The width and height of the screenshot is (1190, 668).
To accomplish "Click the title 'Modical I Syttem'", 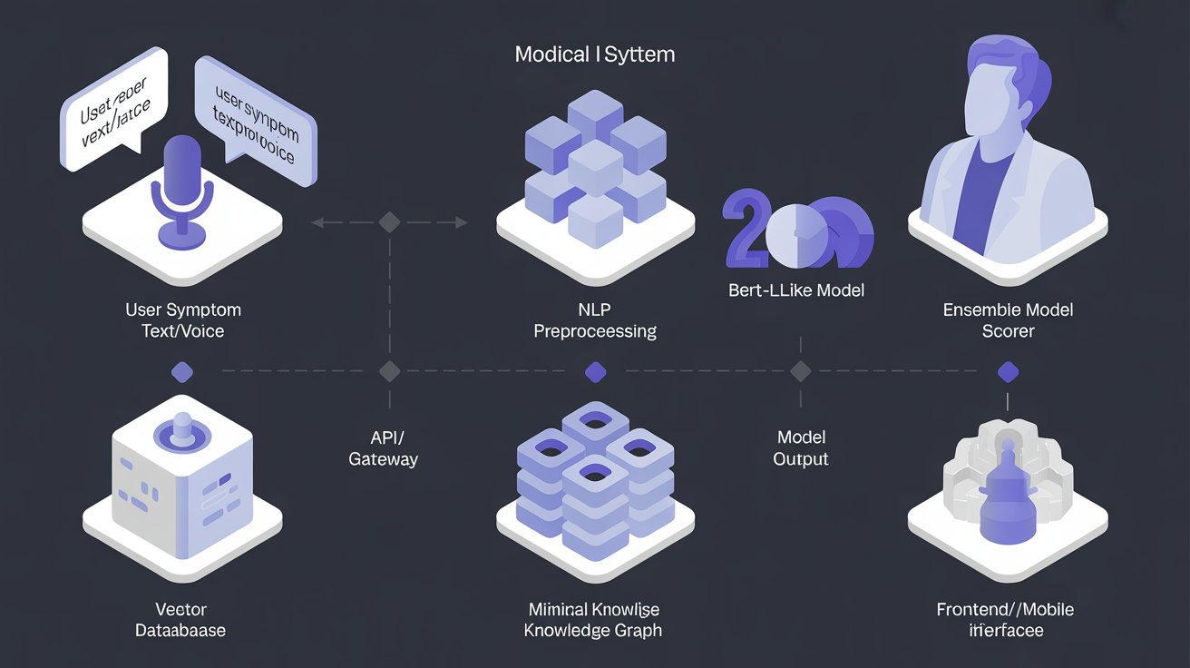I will [594, 54].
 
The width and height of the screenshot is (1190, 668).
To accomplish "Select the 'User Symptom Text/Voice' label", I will [182, 320].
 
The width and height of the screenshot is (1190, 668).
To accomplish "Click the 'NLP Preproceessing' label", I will [594, 320].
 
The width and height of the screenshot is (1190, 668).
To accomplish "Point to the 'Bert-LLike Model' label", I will [796, 291].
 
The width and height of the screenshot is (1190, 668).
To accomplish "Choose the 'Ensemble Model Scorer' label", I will [1008, 320].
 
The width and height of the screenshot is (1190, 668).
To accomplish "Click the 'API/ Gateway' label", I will [384, 448].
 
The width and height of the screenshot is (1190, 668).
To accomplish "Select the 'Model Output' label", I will [800, 448].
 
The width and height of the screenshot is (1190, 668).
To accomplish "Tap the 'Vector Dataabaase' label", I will [181, 619].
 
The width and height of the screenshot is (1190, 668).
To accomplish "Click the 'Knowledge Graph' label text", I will [593, 630].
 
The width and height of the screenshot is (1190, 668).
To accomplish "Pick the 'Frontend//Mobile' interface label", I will [1005, 609].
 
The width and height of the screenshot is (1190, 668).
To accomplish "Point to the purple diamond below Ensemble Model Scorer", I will [1008, 371].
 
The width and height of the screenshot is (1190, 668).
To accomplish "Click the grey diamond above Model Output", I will [800, 371].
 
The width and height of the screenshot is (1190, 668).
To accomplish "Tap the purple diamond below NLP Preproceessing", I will [595, 371].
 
